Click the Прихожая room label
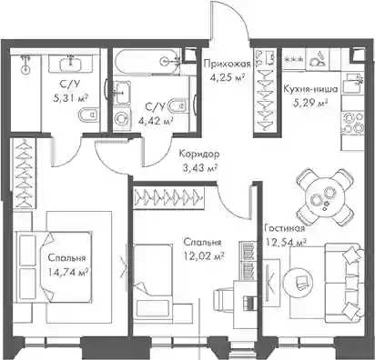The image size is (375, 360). pos(228,65)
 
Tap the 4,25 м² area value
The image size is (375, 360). pos(228,78)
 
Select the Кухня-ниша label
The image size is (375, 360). pos(310,89)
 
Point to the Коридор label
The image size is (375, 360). pos(199,154)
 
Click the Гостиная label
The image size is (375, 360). pos(284,228)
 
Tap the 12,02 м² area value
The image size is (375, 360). pos(204,257)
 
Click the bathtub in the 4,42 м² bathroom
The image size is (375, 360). pos(146,62)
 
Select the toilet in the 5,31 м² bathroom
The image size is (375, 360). pos(87,115)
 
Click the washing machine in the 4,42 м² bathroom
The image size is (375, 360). pos(123,119)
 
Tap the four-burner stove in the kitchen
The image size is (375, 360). pos(351,124)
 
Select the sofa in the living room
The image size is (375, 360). pos(344,284)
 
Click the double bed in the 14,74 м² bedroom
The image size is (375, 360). pos(55,267)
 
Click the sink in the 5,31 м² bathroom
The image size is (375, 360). pos(72,64)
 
